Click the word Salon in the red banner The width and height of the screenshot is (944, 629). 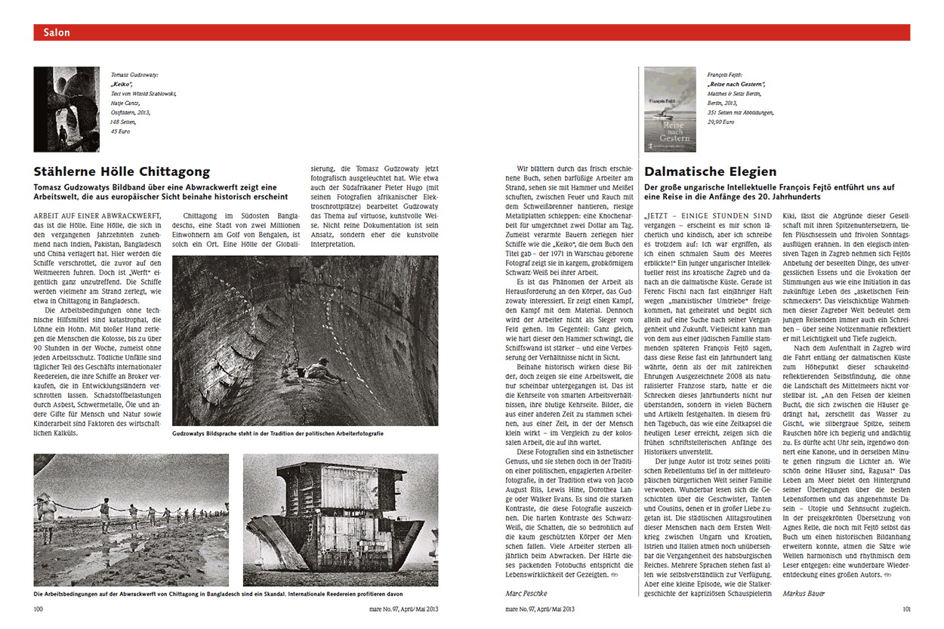[57, 32]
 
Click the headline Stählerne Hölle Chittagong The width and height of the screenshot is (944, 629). [122, 171]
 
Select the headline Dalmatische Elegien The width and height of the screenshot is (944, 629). [710, 171]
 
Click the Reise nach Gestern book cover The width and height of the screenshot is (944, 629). [670, 109]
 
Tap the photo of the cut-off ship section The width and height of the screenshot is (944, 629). [340, 520]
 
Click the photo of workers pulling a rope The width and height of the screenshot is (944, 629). [131, 520]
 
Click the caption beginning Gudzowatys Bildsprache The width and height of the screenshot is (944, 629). [277, 435]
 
